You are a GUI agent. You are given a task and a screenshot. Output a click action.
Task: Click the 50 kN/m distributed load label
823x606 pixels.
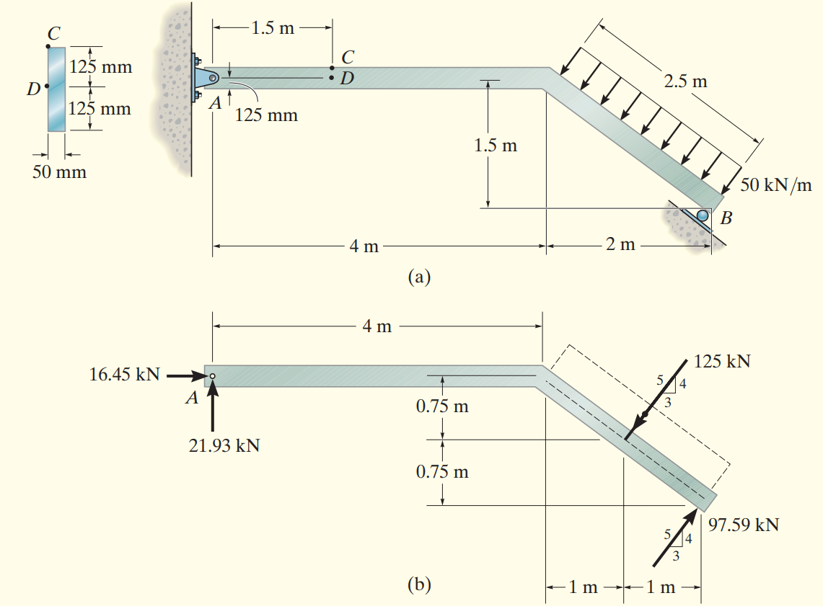coord(775,184)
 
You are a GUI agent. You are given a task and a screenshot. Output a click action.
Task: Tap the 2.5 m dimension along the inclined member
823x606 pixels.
coord(685,80)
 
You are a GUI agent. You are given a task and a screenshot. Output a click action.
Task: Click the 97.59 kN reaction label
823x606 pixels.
coord(744,524)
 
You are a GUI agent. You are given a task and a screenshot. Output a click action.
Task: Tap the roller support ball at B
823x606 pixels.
coord(702,214)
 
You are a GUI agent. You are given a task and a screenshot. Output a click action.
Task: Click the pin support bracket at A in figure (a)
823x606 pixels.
coord(204,78)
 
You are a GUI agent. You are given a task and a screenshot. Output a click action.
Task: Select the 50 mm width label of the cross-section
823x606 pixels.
coord(59,172)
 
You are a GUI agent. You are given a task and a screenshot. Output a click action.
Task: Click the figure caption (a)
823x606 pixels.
coord(419,276)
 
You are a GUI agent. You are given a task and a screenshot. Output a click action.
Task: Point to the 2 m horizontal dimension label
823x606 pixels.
coord(620,245)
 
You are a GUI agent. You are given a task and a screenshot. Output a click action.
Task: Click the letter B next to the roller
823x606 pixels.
coord(726,219)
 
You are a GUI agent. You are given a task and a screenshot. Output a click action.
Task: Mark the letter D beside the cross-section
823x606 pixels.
coord(32,89)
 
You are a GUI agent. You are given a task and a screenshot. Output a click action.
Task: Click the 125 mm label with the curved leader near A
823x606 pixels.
coord(266,115)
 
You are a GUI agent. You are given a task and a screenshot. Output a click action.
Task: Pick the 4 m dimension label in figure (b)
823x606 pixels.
coord(377,326)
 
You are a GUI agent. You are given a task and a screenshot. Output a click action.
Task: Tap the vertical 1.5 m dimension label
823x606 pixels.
coord(496,146)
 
